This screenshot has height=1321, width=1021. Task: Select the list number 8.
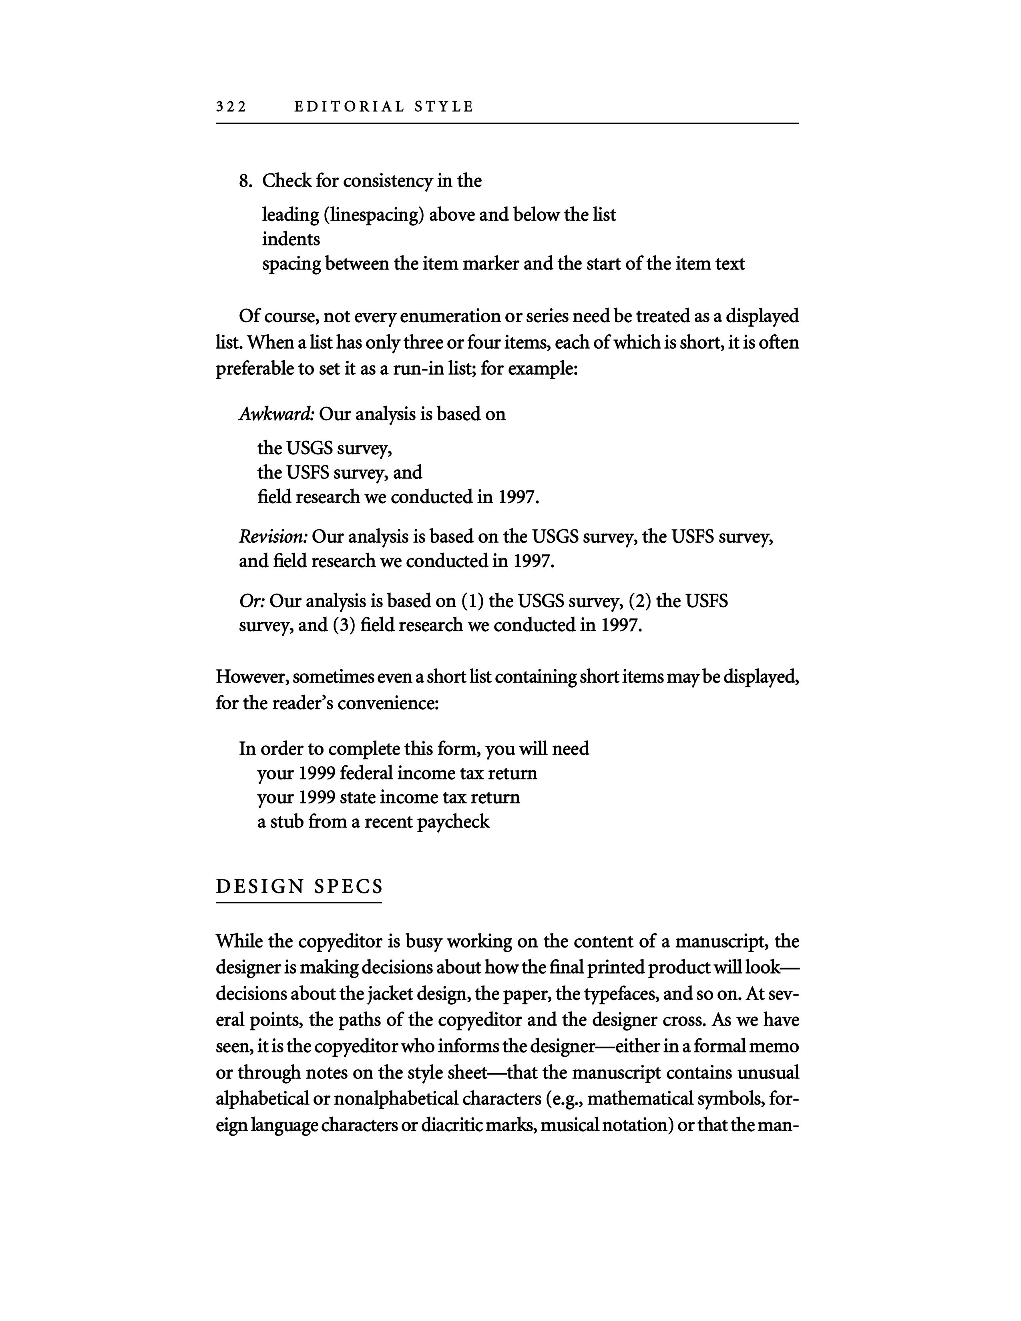[245, 181]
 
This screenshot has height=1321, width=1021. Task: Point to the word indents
[291, 239]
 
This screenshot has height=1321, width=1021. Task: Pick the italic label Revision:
[273, 536]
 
